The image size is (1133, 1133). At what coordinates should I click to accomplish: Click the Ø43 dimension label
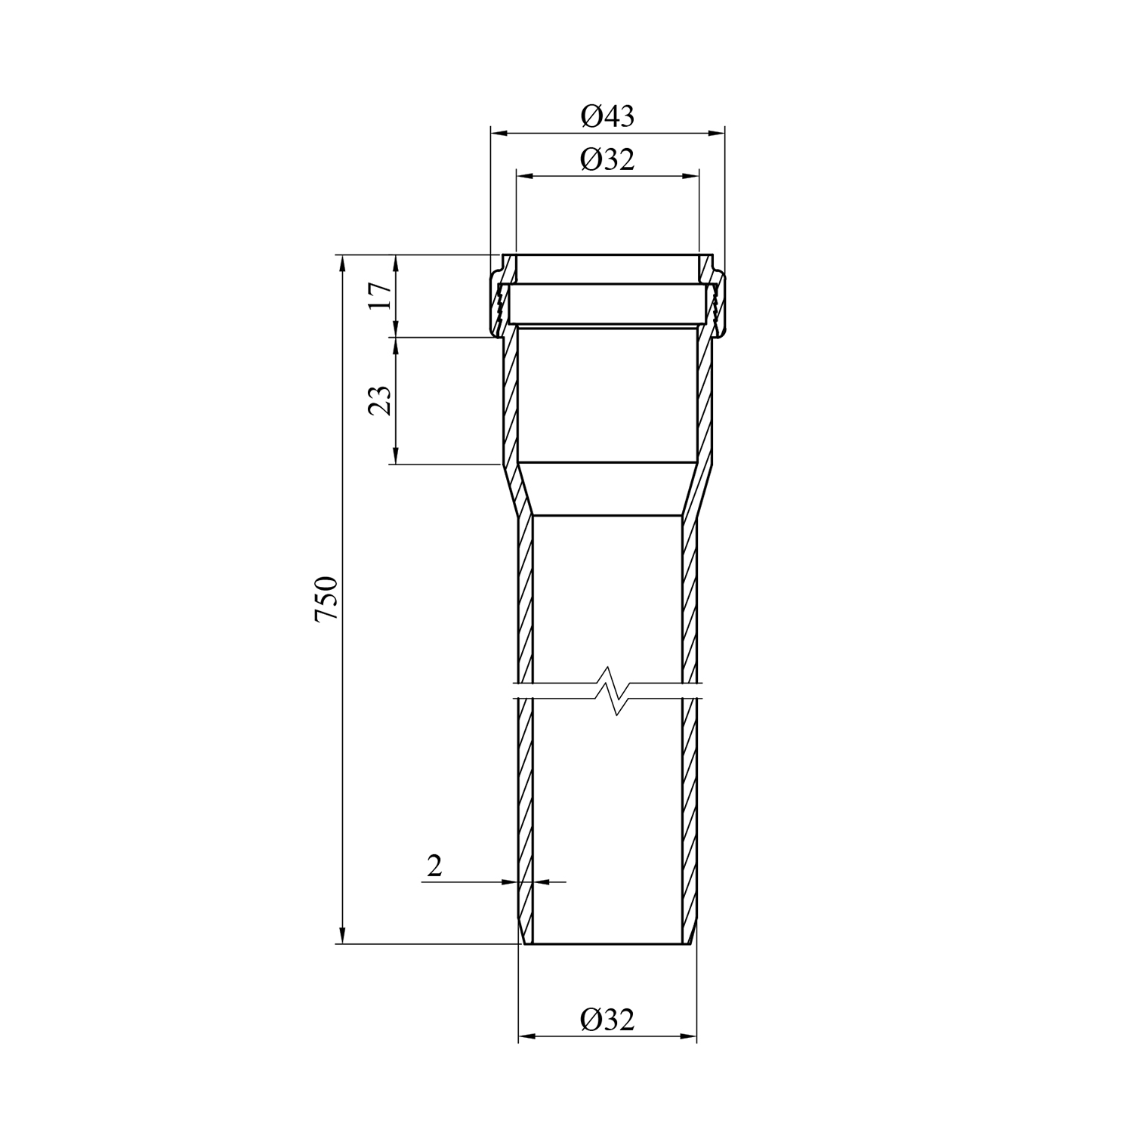tap(607, 116)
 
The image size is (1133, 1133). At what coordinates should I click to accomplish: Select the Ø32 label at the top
tap(607, 159)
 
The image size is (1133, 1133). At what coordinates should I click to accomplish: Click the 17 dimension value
tap(381, 295)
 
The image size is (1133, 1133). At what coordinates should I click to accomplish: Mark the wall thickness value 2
tap(434, 866)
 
